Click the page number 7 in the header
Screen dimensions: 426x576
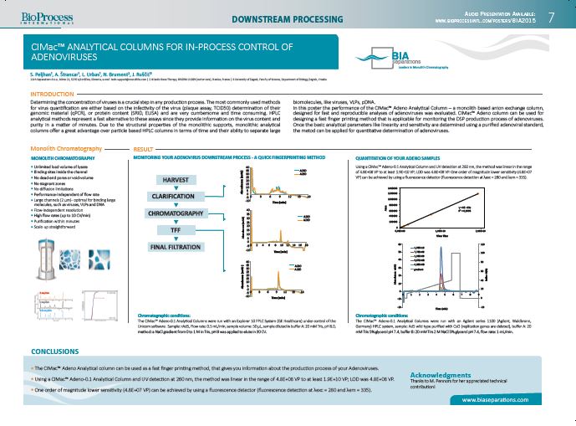pos(551,17)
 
